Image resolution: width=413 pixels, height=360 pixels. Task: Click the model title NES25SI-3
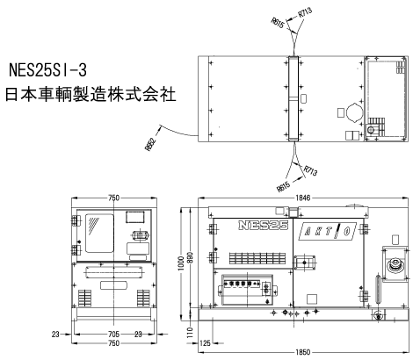coord(47,70)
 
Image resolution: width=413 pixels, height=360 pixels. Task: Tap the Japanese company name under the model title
coord(91,95)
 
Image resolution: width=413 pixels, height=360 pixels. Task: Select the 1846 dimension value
coord(302,198)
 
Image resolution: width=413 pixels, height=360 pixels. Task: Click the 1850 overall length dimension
coord(302,352)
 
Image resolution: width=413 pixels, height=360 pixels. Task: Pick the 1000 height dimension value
coord(181,263)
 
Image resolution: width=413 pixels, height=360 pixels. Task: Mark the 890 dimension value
coord(190,258)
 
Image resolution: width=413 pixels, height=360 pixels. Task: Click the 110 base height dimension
coord(191,333)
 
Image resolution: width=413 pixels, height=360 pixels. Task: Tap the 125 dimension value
coord(205,342)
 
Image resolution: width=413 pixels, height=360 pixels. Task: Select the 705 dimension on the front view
coord(113,334)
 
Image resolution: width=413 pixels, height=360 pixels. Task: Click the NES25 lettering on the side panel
coord(264,225)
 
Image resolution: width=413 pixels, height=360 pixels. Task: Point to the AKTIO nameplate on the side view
coord(328,232)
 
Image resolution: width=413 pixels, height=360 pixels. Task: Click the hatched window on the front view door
coord(99,233)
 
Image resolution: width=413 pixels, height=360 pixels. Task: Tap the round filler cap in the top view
coord(355,112)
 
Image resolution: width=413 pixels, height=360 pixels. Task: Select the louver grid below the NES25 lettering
coord(257,258)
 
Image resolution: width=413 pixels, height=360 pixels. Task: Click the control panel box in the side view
coord(247,290)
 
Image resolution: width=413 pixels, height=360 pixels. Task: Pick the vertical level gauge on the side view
coord(378,290)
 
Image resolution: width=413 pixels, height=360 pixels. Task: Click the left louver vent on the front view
coord(84,298)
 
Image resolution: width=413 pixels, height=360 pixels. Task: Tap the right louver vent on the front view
coord(143,298)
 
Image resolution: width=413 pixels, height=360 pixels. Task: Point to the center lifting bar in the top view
coord(293,98)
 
